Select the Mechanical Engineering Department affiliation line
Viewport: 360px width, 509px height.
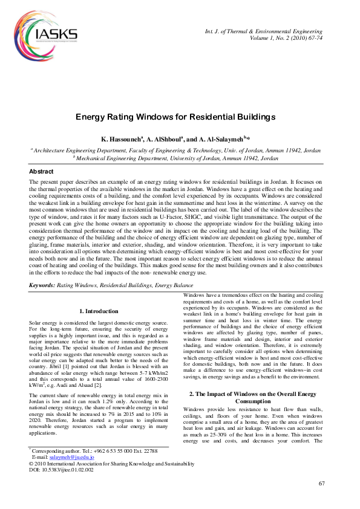[175, 158]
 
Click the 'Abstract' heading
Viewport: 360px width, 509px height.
[41, 172]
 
